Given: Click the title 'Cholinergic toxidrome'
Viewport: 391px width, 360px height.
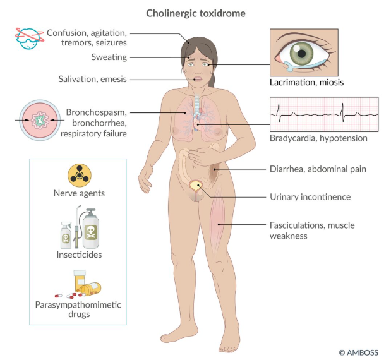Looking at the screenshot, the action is coord(196,13).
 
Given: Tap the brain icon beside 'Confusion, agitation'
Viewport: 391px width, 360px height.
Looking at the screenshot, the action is coord(29,39).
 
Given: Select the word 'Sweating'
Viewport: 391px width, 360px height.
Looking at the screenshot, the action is coord(109,57).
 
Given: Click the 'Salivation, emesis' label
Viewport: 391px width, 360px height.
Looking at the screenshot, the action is coord(92,79).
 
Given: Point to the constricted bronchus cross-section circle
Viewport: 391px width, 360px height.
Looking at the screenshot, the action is coord(40,120).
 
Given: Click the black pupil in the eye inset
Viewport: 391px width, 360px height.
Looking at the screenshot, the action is coord(301,53).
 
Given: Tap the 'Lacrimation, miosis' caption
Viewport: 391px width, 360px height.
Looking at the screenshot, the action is coord(306,82).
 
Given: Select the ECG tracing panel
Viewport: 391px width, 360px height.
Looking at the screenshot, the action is coord(324,114).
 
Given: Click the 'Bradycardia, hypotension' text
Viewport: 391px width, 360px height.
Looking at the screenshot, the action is coord(318,138).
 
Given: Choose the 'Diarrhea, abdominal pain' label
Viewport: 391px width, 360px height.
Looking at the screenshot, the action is coord(318,169).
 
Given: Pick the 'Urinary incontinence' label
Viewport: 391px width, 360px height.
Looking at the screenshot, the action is coord(310,197).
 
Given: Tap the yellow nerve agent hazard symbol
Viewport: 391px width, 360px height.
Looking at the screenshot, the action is coord(80,176).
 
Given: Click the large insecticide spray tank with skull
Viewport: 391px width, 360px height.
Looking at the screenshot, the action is coord(91,229).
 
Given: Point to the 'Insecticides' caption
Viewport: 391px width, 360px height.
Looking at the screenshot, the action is coord(79,255).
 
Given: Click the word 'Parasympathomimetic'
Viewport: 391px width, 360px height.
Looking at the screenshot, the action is coord(78,304).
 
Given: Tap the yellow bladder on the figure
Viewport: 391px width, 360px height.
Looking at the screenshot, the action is coord(196,186).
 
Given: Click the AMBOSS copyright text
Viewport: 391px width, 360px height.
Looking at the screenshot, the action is coord(359,352).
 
